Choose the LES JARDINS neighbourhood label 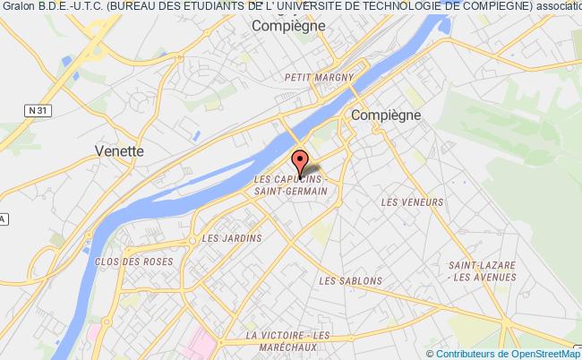(231, 238)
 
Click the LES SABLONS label (350, 280)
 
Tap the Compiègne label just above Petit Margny (287, 27)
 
